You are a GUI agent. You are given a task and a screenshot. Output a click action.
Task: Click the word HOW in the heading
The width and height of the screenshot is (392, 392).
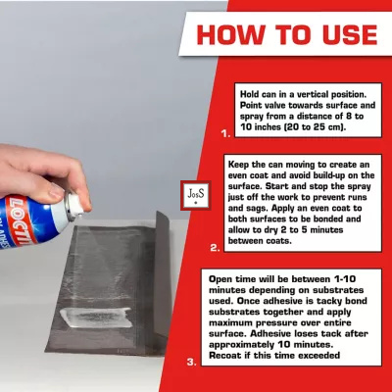231,34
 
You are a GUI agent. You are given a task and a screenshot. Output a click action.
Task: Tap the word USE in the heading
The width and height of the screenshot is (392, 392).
350,34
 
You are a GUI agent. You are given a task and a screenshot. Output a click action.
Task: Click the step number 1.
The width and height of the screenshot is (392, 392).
225,133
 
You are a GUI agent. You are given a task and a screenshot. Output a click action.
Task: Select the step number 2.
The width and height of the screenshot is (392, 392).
215,248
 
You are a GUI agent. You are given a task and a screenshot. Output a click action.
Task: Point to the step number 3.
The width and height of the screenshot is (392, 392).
192,362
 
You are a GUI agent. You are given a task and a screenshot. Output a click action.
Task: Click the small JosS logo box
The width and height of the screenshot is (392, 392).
196,195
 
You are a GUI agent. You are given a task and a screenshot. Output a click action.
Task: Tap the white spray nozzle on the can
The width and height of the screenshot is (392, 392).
75,204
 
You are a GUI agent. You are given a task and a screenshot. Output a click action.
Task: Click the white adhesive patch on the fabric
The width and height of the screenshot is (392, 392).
96,318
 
